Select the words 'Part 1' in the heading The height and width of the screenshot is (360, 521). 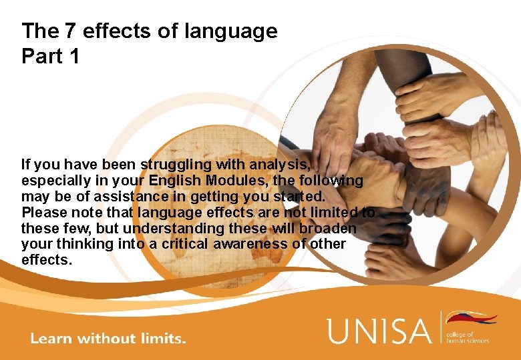[x=50, y=57]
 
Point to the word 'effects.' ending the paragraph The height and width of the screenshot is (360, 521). [x=46, y=260]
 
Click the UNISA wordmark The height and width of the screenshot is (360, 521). [x=380, y=331]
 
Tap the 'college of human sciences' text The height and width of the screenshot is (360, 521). [x=468, y=337]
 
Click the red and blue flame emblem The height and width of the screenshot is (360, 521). [x=472, y=318]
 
